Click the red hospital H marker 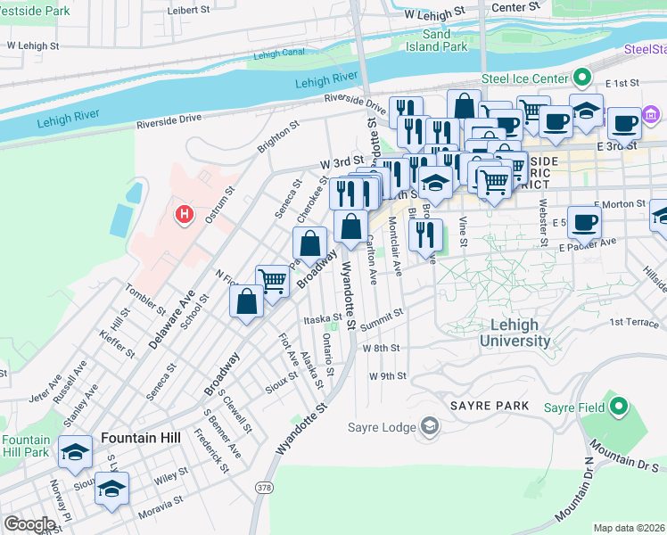tap(185, 215)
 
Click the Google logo tap(29, 524)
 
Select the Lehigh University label tap(515, 333)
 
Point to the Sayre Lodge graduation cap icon tap(430, 427)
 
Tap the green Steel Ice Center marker tap(582, 78)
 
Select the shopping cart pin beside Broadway tap(273, 280)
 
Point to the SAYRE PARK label tap(490, 405)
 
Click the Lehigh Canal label tap(278, 54)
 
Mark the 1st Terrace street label tap(633, 322)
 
